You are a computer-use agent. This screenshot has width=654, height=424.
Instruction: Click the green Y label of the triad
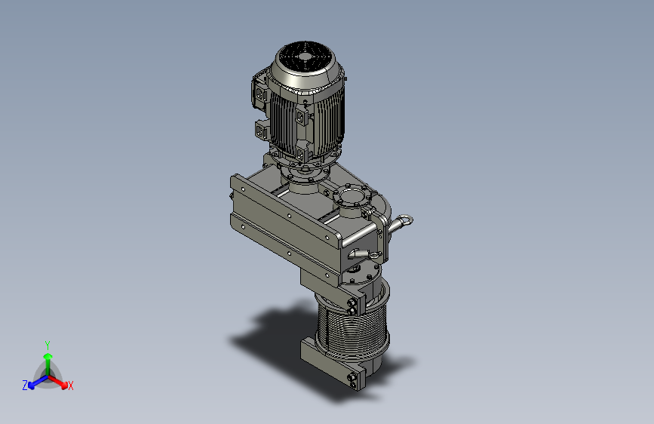tap(48, 345)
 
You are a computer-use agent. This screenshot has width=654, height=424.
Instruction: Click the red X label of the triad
tap(70, 386)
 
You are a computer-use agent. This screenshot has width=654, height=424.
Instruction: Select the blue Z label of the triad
tap(25, 386)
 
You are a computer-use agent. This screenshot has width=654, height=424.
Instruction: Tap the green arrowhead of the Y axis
tap(48, 357)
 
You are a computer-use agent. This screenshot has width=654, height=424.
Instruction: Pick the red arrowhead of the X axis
tap(63, 384)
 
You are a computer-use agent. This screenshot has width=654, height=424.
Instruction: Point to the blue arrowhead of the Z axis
tap(32, 386)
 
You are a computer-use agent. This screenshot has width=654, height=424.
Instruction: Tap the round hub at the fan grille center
tap(305, 57)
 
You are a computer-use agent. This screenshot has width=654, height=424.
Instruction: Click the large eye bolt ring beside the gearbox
tap(404, 221)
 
